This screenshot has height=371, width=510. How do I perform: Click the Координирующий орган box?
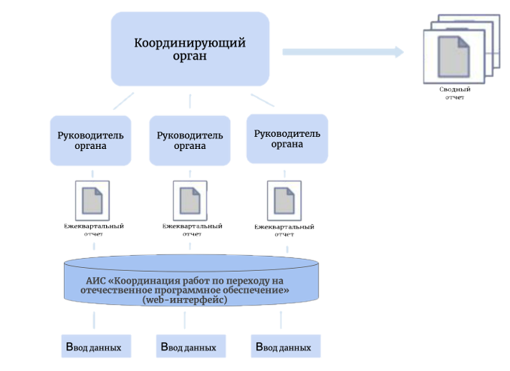click(190, 49)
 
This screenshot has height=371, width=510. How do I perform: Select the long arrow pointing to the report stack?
click(342, 52)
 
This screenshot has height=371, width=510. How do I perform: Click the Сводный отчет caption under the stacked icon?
click(455, 93)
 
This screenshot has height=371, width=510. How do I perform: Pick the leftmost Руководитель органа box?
click(90, 140)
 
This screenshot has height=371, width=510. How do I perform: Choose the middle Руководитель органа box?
click(190, 140)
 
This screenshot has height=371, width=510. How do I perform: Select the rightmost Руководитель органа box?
click(287, 139)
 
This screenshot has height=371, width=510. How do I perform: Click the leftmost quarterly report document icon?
click(92, 201)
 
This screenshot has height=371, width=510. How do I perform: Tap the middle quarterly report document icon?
click(190, 201)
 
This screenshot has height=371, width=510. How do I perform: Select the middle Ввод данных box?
click(191, 346)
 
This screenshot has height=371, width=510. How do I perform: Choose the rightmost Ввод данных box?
click(286, 346)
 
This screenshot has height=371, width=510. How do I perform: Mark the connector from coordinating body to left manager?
click(123, 101)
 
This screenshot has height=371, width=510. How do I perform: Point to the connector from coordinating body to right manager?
click(262, 100)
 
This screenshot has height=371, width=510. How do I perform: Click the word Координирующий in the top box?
click(190, 43)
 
